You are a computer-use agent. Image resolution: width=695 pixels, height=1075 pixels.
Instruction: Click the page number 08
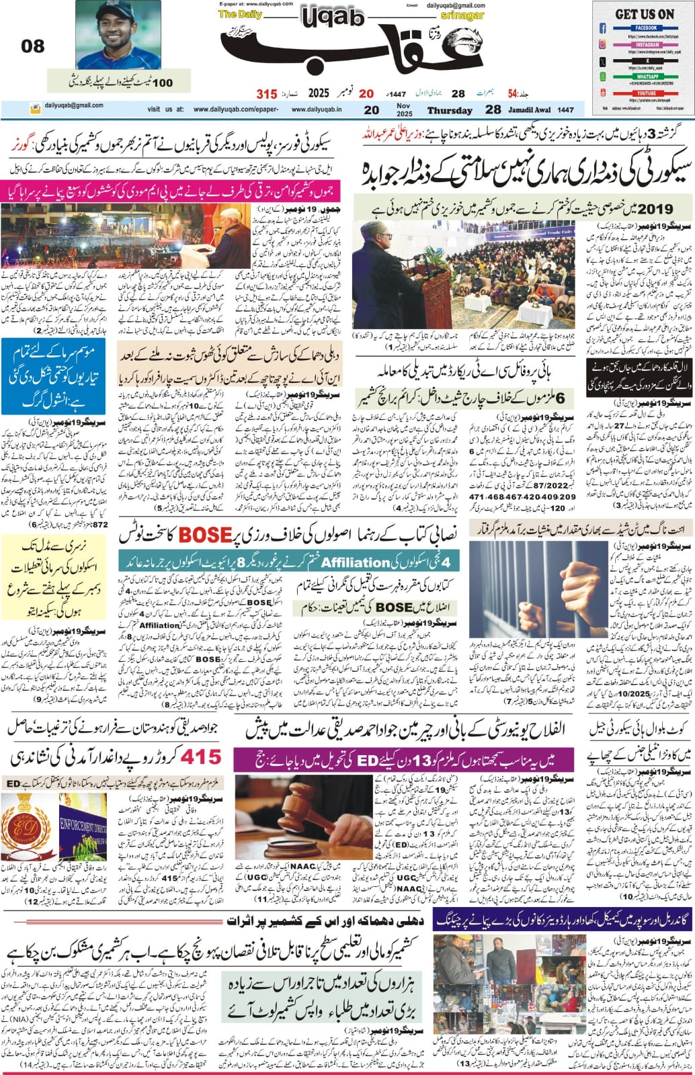(x=33, y=46)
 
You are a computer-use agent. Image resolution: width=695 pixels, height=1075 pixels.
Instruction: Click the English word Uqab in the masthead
(x=330, y=18)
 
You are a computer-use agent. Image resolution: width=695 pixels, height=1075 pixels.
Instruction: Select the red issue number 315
(x=266, y=93)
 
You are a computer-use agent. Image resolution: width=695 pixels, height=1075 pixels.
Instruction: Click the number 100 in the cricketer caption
(x=162, y=83)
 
